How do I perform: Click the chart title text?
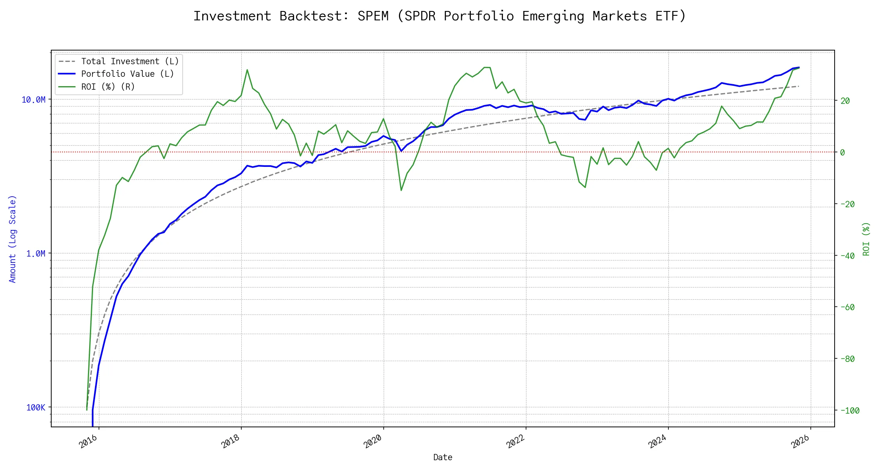440,16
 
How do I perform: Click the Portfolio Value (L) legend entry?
128,74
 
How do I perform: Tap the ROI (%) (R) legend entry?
108,87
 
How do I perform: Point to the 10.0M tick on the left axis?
34,100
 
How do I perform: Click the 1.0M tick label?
36,254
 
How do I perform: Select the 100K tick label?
36,408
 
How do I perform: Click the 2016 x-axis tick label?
88,442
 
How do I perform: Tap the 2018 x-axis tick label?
230,442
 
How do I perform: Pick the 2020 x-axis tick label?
373,442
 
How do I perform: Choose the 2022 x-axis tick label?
515,442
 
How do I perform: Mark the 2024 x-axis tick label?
657,442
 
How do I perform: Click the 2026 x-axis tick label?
800,442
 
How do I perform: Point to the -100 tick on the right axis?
849,411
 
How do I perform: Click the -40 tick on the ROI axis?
847,256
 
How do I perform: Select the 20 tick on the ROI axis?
845,101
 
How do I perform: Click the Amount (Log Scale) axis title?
13,239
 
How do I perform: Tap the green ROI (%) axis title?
866,239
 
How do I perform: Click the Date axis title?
443,457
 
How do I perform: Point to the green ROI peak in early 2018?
247,70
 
